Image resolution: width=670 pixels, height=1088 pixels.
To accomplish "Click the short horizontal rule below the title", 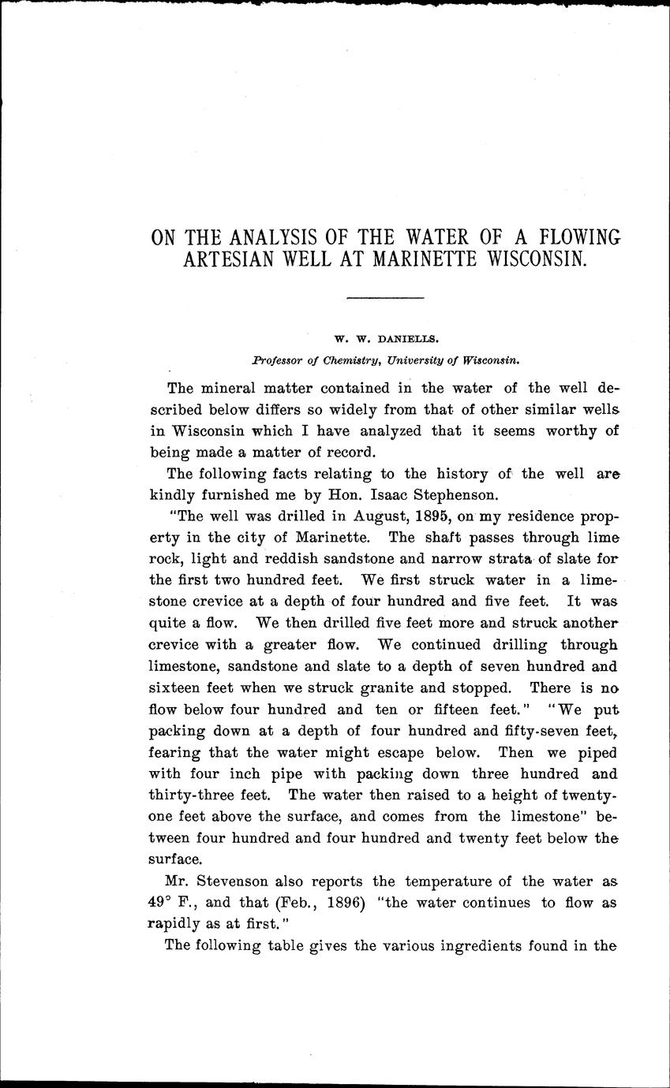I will click(385, 297).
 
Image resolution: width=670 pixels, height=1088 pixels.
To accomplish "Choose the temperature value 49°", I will click(163, 904).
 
